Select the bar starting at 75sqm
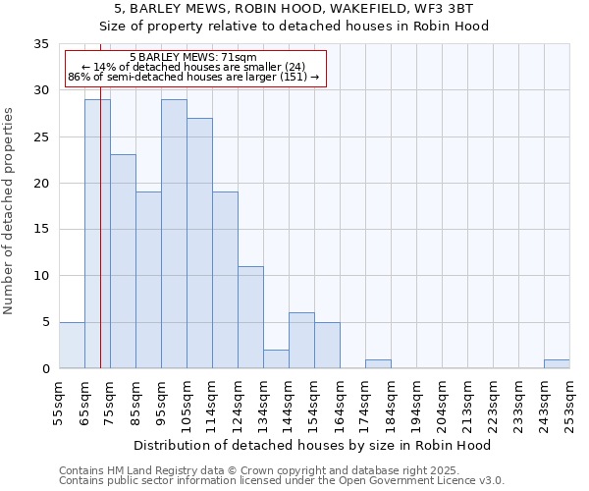pos(123,261)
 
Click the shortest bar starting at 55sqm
pos(72,346)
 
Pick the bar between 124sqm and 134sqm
pos(250,317)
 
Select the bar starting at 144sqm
pos(301,341)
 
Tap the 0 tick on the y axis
pos(44,369)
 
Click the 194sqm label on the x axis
pos(417,403)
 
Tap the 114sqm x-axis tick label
pos(213,403)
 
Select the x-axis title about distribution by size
pos(313,445)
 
